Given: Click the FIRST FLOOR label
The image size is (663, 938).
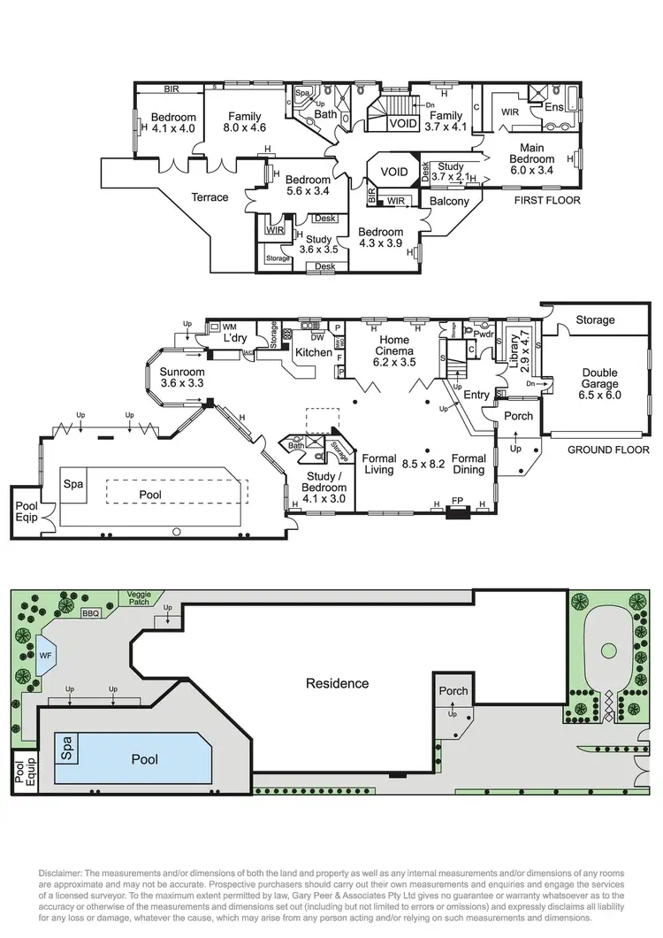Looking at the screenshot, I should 547,201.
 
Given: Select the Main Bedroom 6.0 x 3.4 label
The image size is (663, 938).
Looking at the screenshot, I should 531,159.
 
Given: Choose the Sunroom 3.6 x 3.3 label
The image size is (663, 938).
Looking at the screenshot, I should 182,378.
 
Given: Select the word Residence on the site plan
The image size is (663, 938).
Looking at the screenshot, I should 337,683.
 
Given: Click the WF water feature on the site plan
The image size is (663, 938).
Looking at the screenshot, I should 46,656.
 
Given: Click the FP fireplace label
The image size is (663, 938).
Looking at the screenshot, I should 457,501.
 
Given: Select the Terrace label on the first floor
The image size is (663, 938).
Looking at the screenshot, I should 210,197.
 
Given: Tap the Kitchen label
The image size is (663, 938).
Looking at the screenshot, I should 313,352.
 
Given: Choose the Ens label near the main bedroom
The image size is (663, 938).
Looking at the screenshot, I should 553,107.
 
